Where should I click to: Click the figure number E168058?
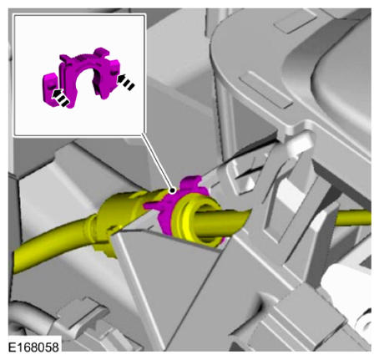[33, 347]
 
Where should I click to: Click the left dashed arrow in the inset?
[60, 97]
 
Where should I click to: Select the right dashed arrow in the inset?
[125, 82]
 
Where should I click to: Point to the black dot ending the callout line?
[173, 190]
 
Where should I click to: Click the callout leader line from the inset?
[157, 162]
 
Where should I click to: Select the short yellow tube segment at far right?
[353, 218]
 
